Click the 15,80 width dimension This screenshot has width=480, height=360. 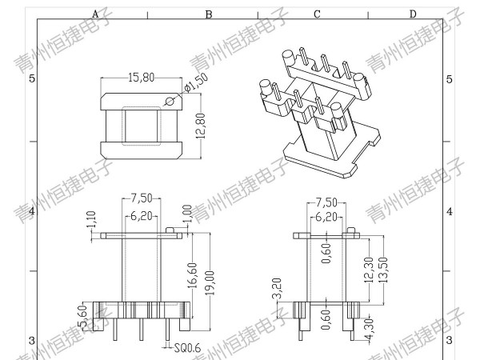(141, 78)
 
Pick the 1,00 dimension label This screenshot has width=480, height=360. (187, 214)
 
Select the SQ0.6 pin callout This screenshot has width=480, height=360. (186, 347)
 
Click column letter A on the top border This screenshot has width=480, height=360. (95, 14)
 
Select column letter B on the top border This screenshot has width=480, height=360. (209, 14)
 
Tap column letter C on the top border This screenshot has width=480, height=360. (317, 14)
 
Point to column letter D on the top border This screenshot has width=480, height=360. (413, 14)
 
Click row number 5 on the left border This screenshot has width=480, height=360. (32, 78)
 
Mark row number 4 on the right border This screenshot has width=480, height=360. (449, 211)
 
